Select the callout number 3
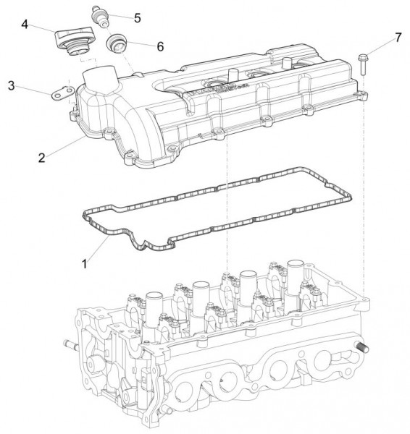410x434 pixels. pyautogui.click(x=11, y=86)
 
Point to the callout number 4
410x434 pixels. pyautogui.click(x=25, y=25)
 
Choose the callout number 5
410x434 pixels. pyautogui.click(x=137, y=16)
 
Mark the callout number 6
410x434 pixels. pyautogui.click(x=159, y=46)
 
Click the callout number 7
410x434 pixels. pyautogui.click(x=398, y=36)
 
